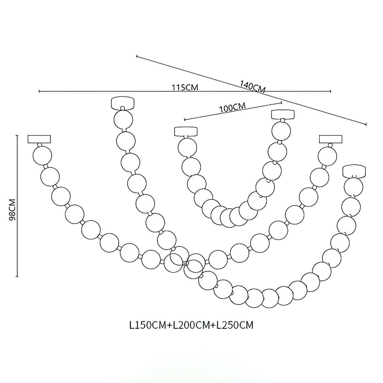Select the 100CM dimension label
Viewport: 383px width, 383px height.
pos(232,108)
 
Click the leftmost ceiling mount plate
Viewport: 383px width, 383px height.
pos(39,139)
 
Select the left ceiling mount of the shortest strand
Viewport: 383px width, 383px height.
pos(186,132)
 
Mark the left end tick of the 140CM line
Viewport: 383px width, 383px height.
pos(137,56)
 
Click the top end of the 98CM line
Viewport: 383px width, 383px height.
pos(17,135)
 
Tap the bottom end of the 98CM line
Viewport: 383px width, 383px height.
pos(17,276)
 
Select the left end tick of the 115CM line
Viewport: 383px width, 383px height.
pos(39,91)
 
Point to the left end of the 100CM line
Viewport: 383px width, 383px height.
pos(184,120)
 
